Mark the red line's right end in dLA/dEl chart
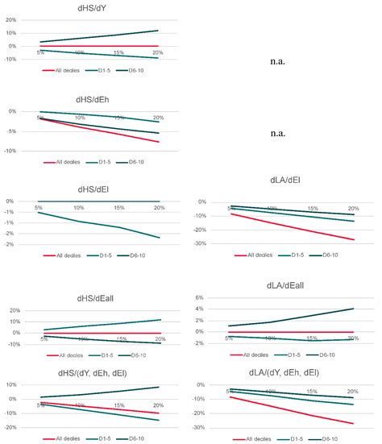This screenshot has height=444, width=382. tap(354, 239)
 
